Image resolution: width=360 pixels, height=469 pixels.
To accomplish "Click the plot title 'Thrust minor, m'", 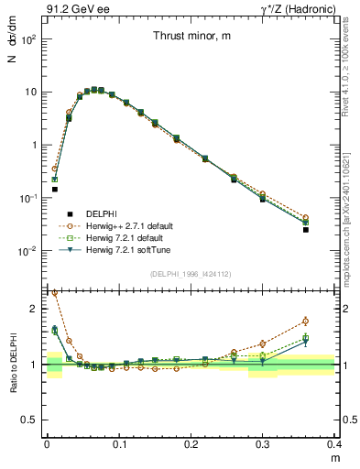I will pyautogui.click(x=191, y=37).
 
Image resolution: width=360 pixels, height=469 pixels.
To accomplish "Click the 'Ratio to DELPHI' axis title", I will pyautogui.click(x=14, y=363).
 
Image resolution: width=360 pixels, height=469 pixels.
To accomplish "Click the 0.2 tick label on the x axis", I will pyautogui.click(x=191, y=444).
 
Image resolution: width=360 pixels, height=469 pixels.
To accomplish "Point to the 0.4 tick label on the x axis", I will pyautogui.click(x=333, y=444).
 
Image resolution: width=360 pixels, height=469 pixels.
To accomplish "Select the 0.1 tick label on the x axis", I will pyautogui.click(x=119, y=444).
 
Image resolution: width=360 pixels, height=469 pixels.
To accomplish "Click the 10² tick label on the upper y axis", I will pyautogui.click(x=29, y=39).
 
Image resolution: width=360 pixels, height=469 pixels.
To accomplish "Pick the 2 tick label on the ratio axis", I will pyautogui.click(x=35, y=309).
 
